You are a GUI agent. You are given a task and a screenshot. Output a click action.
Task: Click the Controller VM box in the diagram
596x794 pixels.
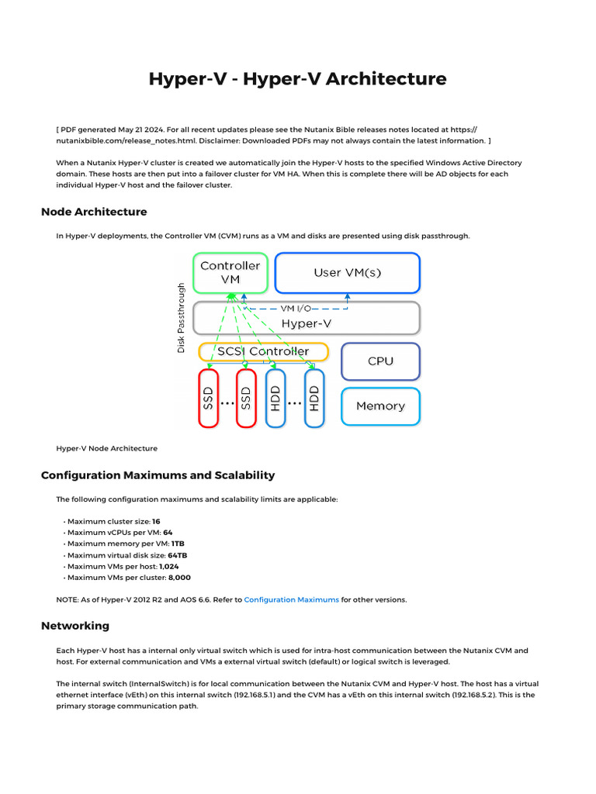(230, 273)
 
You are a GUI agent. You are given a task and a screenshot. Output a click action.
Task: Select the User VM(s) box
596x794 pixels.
(347, 273)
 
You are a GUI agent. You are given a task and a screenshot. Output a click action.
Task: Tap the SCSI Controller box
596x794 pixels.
(263, 352)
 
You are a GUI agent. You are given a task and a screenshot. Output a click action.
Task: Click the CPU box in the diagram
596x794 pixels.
(380, 361)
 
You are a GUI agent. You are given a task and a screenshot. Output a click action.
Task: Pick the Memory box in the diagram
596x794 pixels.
(380, 406)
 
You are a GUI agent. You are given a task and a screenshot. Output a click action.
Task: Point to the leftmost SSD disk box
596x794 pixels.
(209, 398)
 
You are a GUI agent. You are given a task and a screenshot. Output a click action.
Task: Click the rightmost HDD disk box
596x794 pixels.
(314, 398)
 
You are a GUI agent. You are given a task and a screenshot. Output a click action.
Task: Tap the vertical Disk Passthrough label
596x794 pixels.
(182, 317)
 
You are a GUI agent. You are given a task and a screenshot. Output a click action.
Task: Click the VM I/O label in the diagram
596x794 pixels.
(296, 308)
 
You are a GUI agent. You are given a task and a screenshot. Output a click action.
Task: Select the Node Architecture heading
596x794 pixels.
(94, 212)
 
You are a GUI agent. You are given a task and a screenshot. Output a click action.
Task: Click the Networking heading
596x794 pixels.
(75, 626)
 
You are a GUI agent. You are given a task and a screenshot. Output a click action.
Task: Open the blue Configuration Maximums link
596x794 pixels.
(291, 599)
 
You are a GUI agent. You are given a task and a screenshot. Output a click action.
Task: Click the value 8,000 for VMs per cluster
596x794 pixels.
(179, 578)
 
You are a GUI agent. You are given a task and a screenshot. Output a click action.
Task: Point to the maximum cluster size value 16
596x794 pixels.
(156, 522)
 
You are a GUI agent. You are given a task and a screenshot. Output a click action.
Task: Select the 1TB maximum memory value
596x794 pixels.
(178, 544)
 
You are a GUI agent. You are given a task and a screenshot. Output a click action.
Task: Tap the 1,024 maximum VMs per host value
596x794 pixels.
(168, 567)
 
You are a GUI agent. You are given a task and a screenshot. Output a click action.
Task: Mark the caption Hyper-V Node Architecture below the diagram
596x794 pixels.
(106, 448)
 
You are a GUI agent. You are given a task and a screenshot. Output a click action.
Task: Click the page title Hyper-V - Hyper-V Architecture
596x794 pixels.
(297, 79)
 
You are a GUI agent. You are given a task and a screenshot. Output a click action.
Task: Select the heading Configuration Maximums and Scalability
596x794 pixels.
(158, 475)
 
